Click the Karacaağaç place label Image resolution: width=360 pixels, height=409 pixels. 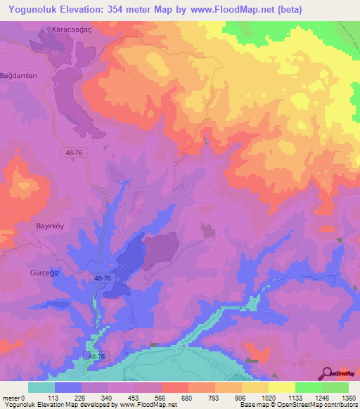[x=72, y=30]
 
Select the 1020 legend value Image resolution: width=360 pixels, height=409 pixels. [x=268, y=397]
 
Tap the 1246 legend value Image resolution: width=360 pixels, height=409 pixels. [x=321, y=397]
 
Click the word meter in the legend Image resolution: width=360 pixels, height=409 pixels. [x=11, y=397]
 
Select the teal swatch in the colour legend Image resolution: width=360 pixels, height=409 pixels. [x=41, y=387]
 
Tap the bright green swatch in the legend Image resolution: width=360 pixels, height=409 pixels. [x=308, y=387]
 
